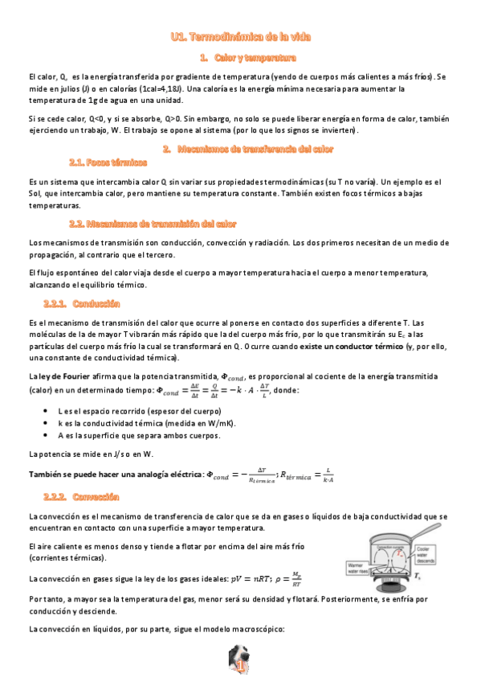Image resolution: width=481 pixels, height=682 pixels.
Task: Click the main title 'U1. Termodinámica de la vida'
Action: tap(240, 36)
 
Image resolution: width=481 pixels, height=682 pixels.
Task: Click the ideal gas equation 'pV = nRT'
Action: tap(250, 578)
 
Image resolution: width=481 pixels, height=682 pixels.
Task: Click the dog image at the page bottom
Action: tap(239, 665)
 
